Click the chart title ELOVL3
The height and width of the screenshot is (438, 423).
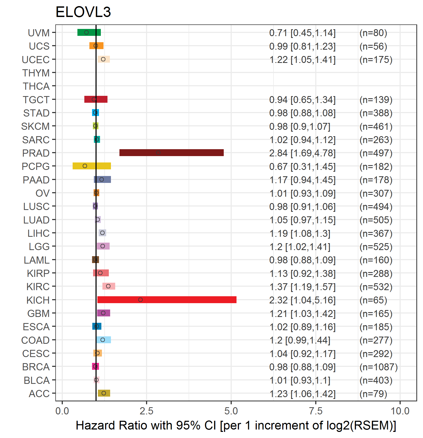(x=83, y=12)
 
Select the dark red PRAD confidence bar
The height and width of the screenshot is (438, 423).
(x=172, y=153)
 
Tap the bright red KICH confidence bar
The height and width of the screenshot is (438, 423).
(x=167, y=300)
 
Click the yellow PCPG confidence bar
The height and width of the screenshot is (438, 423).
(x=92, y=166)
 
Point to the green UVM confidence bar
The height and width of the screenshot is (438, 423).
(x=89, y=32)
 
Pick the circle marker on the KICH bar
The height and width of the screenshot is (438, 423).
(x=140, y=300)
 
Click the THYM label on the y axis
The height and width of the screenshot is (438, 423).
(x=36, y=73)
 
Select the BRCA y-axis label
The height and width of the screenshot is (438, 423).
(x=36, y=367)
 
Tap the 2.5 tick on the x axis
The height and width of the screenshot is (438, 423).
(x=147, y=411)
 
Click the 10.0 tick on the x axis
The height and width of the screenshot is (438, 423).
(x=400, y=411)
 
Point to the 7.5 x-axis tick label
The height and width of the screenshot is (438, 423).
(x=316, y=411)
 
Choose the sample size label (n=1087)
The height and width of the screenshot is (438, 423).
(x=379, y=367)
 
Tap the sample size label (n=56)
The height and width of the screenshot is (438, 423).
(x=373, y=46)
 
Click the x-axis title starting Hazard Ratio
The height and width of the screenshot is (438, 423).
(x=236, y=426)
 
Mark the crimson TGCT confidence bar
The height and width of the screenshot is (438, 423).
(x=96, y=99)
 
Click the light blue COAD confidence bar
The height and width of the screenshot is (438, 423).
(x=104, y=340)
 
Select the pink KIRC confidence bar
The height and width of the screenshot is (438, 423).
(x=109, y=286)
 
